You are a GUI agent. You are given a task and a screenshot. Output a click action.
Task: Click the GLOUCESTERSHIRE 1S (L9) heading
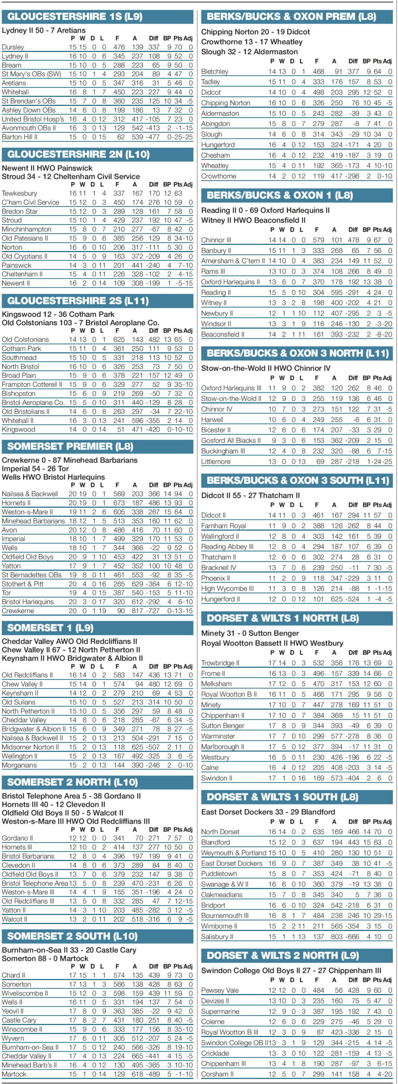[75, 17]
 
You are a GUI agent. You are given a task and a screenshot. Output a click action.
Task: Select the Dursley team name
[13, 47]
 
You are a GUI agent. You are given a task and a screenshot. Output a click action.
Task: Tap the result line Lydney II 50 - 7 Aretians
[44, 30]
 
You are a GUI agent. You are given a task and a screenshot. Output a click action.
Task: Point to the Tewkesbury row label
[19, 193]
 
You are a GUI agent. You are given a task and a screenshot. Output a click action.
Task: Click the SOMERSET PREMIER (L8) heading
[70, 446]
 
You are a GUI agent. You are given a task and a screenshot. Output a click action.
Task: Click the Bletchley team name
[215, 72]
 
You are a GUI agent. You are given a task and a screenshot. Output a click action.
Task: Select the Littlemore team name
[216, 462]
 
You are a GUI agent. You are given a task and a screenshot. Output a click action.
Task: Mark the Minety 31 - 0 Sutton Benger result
[250, 633]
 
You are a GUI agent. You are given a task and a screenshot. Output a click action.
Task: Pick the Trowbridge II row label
[220, 663]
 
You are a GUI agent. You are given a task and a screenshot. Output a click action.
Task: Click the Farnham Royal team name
[223, 525]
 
